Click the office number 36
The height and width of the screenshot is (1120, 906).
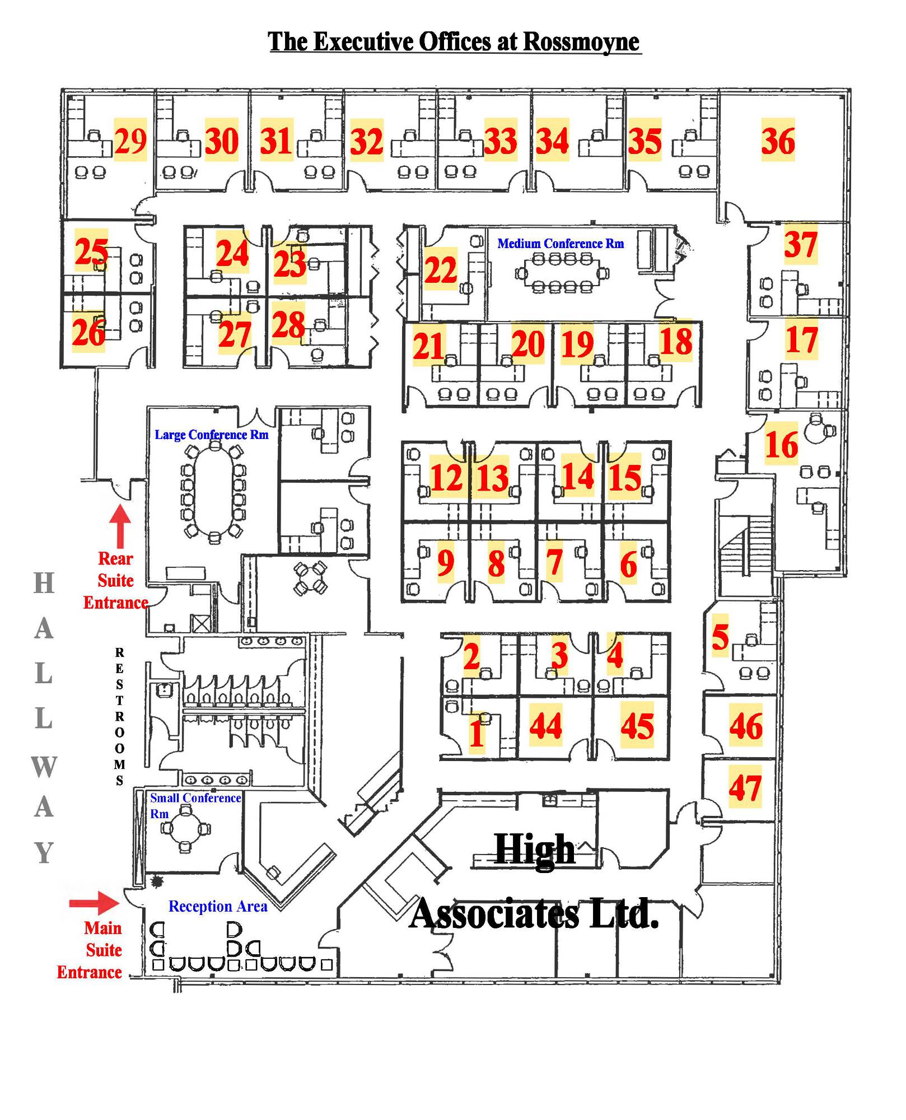tap(778, 140)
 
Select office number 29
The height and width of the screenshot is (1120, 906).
tap(130, 140)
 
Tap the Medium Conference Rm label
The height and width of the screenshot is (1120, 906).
tap(560, 244)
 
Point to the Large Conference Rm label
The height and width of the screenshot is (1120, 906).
tap(211, 435)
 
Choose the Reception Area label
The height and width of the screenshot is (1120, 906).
tap(218, 906)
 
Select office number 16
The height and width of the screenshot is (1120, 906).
tap(781, 445)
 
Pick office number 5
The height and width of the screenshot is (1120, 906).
tap(720, 637)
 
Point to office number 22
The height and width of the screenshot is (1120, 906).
tap(441, 270)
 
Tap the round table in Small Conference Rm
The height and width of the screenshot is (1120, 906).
tap(185, 829)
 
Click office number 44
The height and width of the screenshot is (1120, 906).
tap(545, 726)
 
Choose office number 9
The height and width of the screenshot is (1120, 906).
tap(446, 562)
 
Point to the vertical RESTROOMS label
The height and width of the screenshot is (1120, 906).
tap(119, 716)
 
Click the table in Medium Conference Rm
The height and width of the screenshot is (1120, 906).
tap(561, 273)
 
